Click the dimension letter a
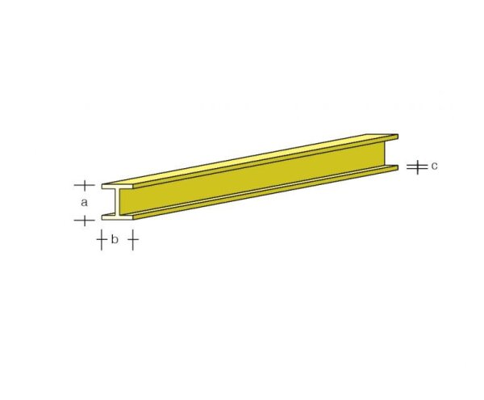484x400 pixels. click(84, 202)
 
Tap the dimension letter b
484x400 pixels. click(115, 239)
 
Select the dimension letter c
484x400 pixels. click(433, 166)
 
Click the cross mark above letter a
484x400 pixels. click(84, 185)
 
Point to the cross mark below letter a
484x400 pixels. click(84, 219)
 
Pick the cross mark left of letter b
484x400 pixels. click(101, 239)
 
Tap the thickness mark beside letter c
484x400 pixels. click(415, 167)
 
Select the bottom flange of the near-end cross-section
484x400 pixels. click(118, 216)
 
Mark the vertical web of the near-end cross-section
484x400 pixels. click(119, 202)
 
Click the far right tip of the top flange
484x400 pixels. click(397, 135)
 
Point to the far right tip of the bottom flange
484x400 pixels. click(397, 167)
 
